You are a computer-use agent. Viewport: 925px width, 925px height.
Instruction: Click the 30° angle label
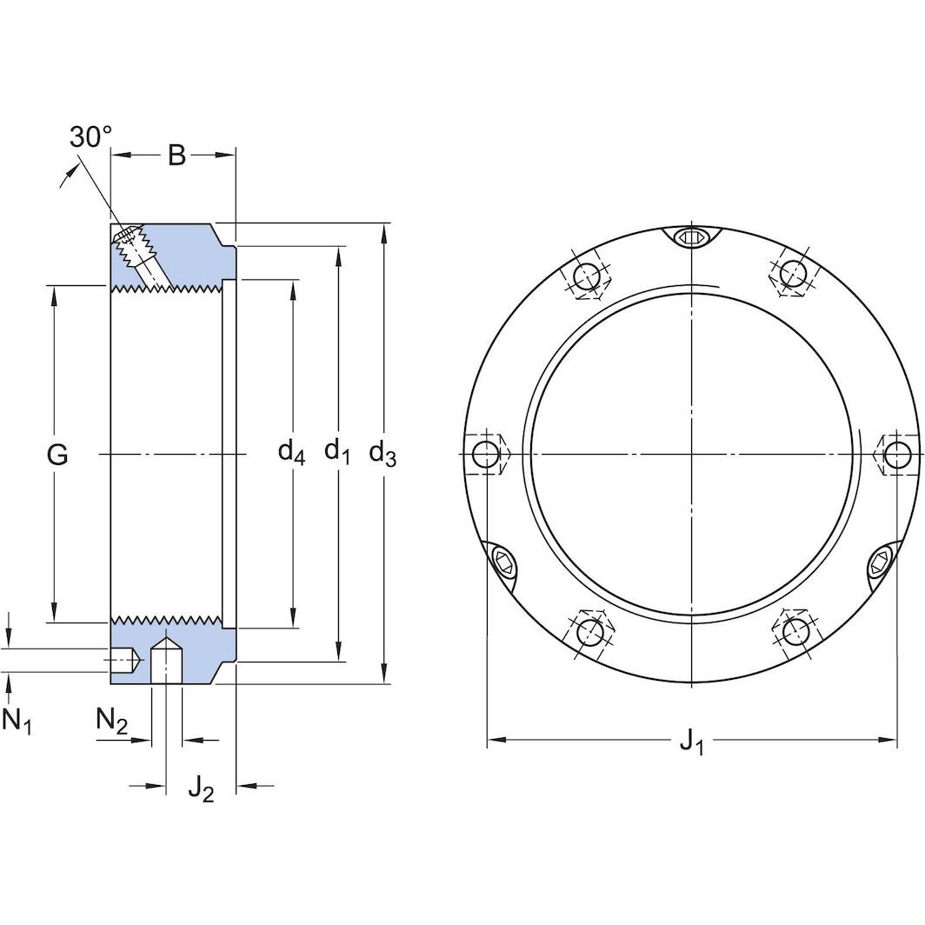tap(90, 137)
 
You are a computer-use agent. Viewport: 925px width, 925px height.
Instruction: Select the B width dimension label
tap(176, 156)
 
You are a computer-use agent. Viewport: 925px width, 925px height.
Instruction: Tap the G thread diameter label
tap(57, 454)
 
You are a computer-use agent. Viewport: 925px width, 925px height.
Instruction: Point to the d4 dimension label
tap(291, 451)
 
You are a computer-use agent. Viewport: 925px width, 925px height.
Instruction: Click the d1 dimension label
tap(336, 451)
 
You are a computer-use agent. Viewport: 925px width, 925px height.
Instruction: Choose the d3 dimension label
tap(383, 452)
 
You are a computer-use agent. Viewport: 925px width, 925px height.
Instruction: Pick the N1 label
tap(17, 720)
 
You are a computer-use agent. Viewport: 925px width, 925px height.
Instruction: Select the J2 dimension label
tap(201, 788)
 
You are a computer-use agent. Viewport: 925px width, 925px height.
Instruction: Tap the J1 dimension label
tap(691, 742)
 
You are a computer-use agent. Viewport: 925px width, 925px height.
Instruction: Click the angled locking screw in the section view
tap(137, 250)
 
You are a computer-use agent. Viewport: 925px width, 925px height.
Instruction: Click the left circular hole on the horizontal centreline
tap(485, 454)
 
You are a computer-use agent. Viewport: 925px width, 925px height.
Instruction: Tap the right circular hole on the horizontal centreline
tap(895, 454)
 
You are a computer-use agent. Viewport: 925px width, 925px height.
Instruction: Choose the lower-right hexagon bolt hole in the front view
tap(795, 630)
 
